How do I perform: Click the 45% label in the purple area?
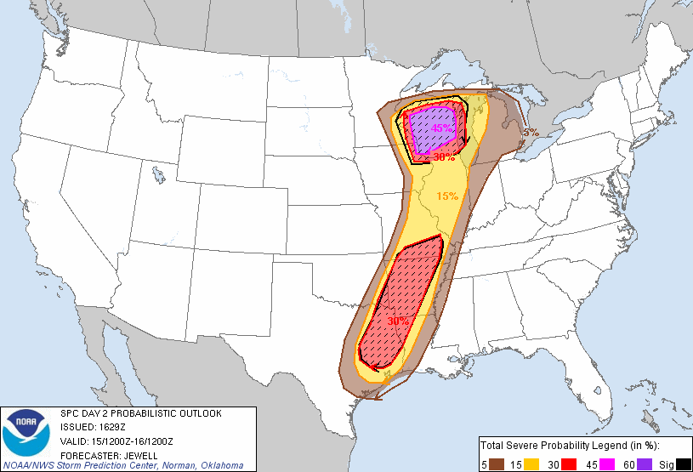point(442,128)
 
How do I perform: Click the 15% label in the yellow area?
point(447,196)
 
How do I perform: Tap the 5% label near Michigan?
point(531,133)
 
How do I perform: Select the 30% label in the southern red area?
point(398,321)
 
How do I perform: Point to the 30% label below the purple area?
point(444,157)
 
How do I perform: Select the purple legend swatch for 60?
point(646,463)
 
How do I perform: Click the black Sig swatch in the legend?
point(683,463)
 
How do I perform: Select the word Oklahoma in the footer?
point(220,465)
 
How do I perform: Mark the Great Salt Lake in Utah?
point(158,176)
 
